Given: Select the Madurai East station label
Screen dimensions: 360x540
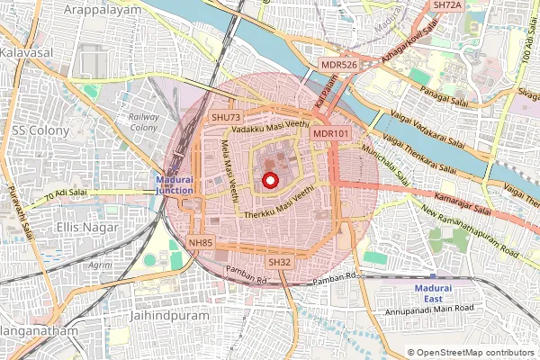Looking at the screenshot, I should [446, 292].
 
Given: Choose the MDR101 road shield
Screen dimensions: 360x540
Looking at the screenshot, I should [330, 133].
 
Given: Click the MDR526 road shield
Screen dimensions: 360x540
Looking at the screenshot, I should [340, 65].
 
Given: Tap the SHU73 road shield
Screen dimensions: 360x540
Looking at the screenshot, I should [225, 118].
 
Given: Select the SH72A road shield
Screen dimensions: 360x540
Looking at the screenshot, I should [446, 5].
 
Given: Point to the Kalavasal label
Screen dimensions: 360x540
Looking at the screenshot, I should [27, 53].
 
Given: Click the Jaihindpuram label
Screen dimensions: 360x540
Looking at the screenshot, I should [169, 317].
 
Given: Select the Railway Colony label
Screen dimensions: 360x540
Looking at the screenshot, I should [144, 122].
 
